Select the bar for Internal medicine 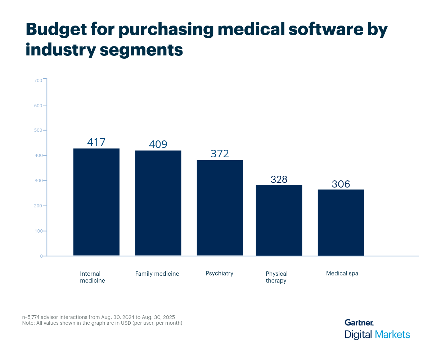coord(96,202)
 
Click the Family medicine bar coord(158,203)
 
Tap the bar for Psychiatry coord(220,208)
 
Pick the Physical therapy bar coord(279,220)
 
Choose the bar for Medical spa coord(341,222)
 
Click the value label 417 coord(96,142)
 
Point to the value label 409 coord(158,144)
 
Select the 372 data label coord(220,154)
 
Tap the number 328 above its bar coord(279,179)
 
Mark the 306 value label coord(341,184)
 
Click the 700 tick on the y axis coord(39,80)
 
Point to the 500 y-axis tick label coord(39,130)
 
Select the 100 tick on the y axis coord(39,231)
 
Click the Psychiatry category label coord(220,273)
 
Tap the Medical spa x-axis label coord(342,273)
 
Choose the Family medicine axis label coord(157,274)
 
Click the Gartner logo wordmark coord(359,322)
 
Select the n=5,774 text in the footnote coord(33,317)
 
